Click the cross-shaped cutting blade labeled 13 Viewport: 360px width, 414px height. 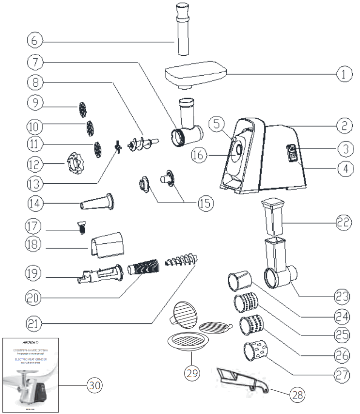tap(117, 146)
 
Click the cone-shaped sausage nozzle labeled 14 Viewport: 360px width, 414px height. tap(97, 202)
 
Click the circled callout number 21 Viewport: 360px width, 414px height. tap(34, 320)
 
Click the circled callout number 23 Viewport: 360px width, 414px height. tap(343, 295)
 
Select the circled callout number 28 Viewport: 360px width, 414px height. tap(297, 395)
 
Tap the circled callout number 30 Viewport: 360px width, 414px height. tap(94, 385)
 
